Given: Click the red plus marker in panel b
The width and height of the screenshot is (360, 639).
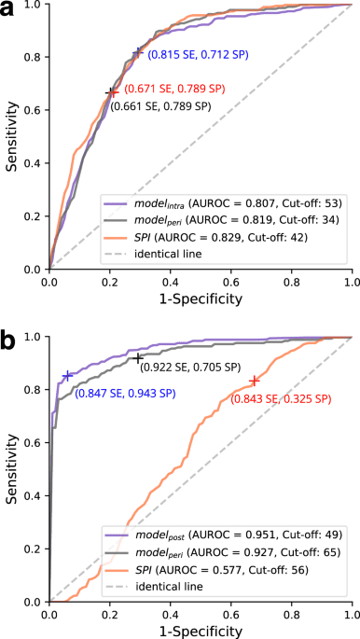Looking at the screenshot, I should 254,381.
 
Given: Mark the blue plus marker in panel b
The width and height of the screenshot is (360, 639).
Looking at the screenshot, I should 67,375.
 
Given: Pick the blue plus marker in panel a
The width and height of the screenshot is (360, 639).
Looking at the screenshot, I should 138,53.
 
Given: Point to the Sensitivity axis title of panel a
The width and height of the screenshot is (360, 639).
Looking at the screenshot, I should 12,136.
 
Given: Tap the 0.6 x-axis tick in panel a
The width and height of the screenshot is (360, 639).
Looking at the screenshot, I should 230,282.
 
